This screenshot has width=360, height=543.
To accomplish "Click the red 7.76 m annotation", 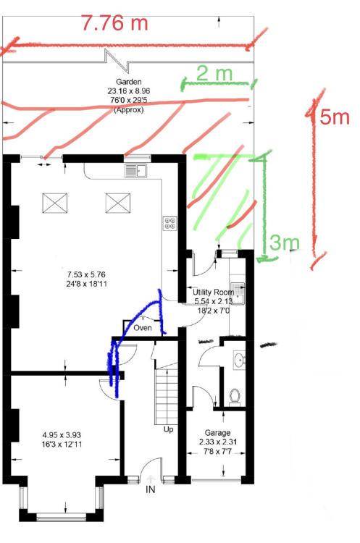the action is coord(115,23).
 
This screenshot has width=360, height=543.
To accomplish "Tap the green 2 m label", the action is coord(215,73).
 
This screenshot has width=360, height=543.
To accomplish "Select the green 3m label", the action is coord(285,242).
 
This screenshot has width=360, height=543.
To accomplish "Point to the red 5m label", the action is coord(335,117).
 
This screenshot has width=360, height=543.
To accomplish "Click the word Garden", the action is coord(128,82).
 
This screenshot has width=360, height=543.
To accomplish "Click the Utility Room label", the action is coord(213,292).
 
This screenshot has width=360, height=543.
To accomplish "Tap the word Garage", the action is coord(217,432).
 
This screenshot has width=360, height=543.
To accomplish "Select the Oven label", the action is coord(143,327).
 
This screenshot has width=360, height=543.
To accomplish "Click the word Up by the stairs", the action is coord(168,430).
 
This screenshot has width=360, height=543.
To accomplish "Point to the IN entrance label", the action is coord(151,489).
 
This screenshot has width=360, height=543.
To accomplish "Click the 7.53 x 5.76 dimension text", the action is coord(86,274).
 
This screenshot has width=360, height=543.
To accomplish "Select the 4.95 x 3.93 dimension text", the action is coord(62,435).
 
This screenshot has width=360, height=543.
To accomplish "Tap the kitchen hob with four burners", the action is coord(170,223).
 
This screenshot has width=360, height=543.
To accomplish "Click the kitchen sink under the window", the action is coord(136,170).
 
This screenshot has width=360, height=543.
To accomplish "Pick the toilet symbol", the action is coord(235,397).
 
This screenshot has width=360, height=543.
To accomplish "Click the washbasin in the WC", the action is coord(240,359).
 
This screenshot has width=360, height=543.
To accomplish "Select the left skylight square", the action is coord(55,203).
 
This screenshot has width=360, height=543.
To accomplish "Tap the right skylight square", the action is coord(118,203).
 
